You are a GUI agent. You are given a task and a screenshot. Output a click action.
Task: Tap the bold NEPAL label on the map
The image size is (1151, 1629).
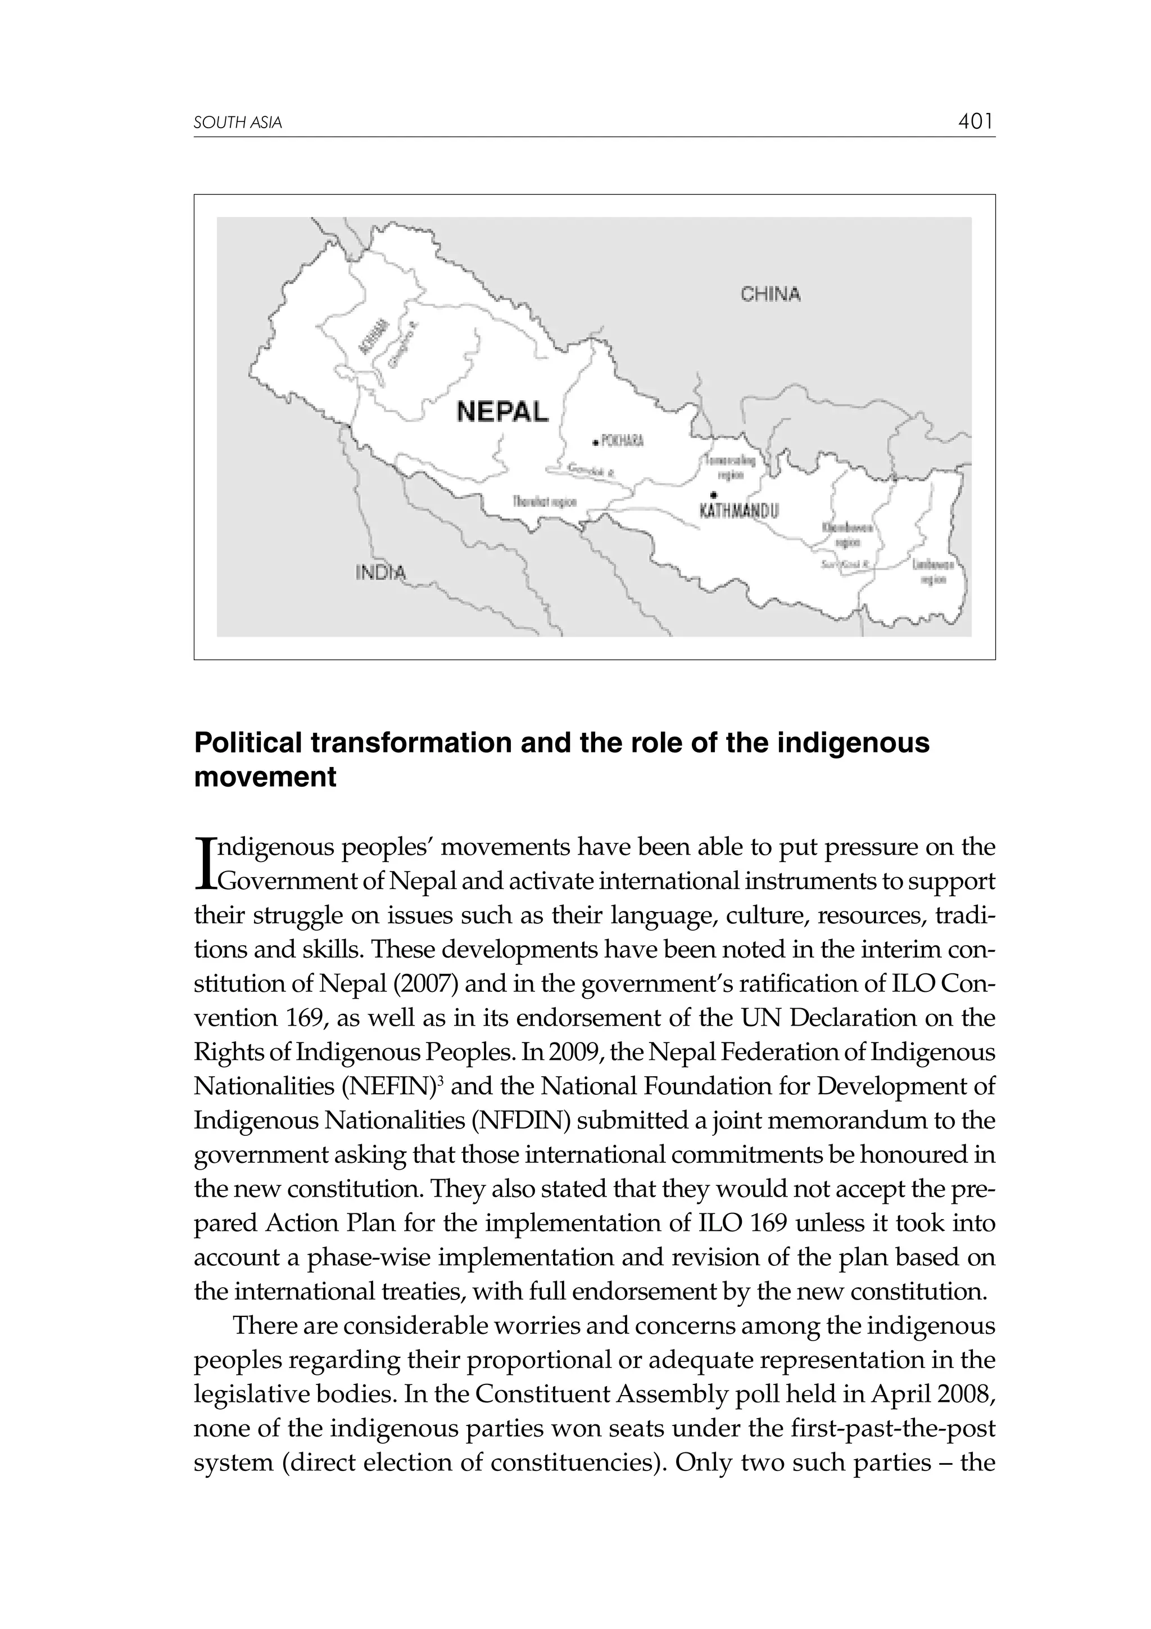[502, 412]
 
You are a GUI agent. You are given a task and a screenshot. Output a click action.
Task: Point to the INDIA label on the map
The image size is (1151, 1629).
[381, 572]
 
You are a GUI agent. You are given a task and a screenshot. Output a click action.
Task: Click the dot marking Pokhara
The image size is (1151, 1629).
[596, 443]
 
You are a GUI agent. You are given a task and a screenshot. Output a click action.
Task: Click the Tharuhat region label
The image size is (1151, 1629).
[544, 502]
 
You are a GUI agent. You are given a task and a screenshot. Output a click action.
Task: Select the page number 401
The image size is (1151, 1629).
[975, 122]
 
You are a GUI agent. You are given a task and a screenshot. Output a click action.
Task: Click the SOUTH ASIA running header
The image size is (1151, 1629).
[238, 123]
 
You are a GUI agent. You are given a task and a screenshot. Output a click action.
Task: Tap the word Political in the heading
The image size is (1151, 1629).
[247, 743]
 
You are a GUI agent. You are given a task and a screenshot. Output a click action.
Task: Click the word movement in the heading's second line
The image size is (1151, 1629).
[265, 777]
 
